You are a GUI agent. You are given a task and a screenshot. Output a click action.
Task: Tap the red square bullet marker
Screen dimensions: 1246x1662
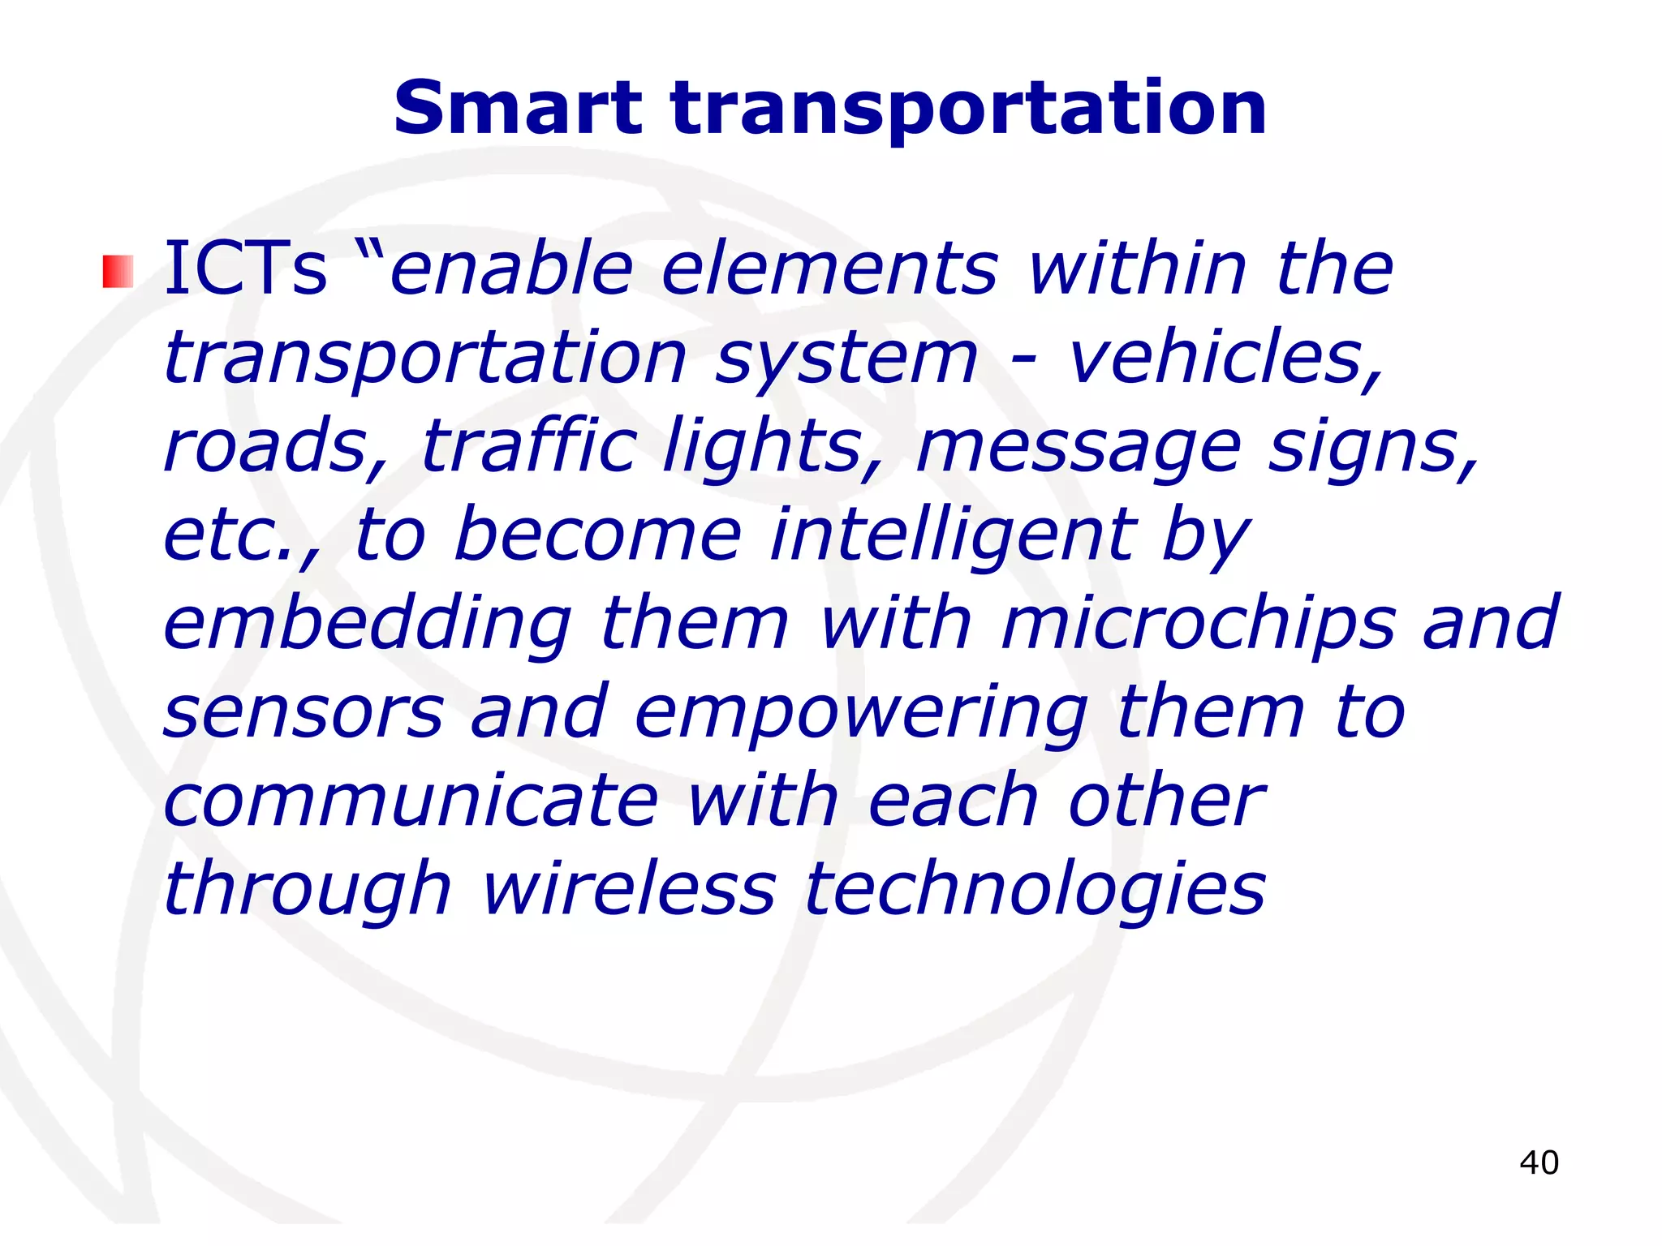(x=118, y=272)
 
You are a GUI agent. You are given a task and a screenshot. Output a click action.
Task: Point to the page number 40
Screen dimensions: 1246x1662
(x=1539, y=1162)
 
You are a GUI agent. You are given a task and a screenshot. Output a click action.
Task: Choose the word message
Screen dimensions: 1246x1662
(x=1079, y=449)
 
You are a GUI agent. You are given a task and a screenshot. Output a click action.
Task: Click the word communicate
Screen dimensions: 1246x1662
(x=411, y=801)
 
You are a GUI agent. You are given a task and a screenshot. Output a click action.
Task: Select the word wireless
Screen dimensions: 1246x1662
(x=629, y=889)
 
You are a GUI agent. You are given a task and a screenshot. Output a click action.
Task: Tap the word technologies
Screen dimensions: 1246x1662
(x=1035, y=891)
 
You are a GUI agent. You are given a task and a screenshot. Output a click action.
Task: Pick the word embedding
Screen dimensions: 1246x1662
(x=368, y=625)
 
